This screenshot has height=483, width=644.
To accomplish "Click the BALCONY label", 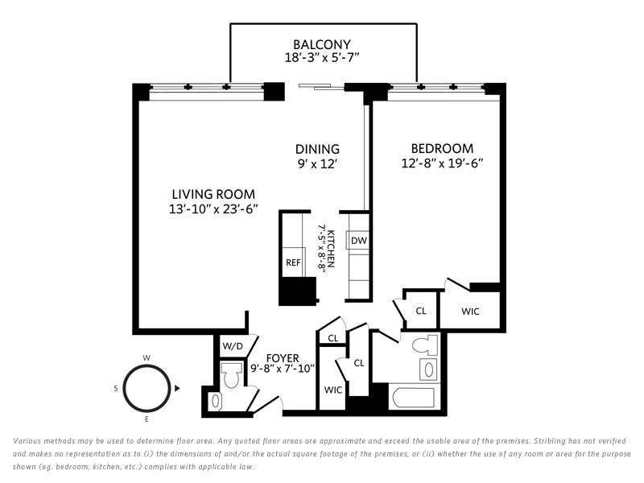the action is tap(322, 44).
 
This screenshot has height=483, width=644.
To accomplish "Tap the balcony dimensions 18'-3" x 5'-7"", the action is tap(322, 57).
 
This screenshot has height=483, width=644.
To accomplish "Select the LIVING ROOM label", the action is tap(213, 194).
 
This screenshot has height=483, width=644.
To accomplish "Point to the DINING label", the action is tap(317, 149).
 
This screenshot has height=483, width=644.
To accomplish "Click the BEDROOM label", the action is tap(442, 148).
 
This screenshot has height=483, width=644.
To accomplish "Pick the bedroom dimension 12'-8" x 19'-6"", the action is tap(442, 163).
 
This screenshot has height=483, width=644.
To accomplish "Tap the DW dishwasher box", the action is tap(358, 241).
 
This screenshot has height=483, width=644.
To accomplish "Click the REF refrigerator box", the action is tap(293, 262).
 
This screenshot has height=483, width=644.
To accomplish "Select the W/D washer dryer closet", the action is tap(233, 346).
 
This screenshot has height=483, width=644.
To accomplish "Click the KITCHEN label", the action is tap(331, 249).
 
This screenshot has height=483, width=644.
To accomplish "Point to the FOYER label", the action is tap(283, 358).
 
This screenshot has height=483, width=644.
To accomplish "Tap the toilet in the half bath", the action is tap(231, 374).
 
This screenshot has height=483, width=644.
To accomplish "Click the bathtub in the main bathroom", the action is tap(414, 398).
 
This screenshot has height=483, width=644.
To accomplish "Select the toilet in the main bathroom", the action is tap(425, 345).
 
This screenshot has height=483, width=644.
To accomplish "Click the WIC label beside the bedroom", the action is tap(470, 312).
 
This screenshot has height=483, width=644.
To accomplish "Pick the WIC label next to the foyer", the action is tap(332, 390).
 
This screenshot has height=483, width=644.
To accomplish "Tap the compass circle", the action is tap(147, 388).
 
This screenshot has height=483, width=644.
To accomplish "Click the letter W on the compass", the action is tap(147, 357).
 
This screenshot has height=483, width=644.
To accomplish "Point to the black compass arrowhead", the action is tap(177, 388).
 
